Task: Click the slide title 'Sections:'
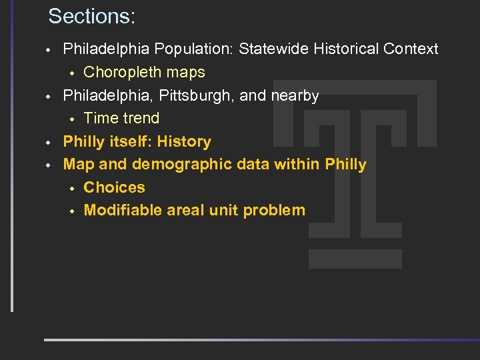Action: [91, 16]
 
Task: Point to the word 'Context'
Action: [413, 49]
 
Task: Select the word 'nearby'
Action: [294, 95]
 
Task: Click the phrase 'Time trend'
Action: [121, 118]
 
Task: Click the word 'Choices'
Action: [114, 187]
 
